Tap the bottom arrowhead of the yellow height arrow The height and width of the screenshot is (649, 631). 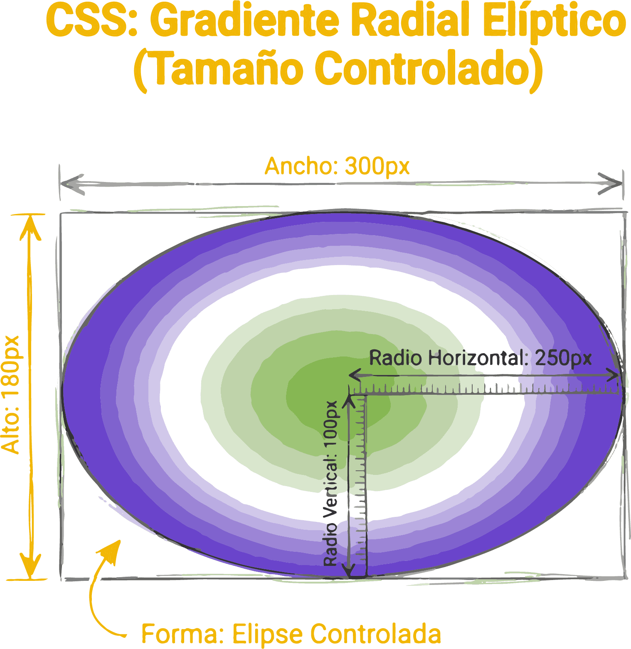pos(30,571)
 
